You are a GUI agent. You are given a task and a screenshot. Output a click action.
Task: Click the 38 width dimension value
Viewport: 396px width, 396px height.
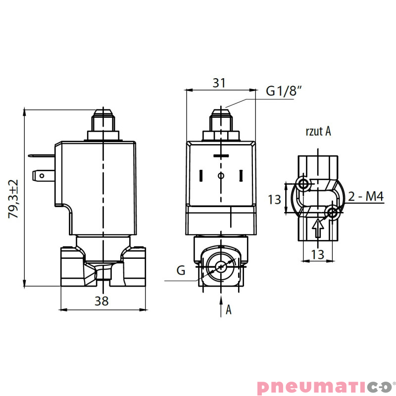point(102,300)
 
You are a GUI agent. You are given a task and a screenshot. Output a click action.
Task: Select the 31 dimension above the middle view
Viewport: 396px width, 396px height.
point(219,83)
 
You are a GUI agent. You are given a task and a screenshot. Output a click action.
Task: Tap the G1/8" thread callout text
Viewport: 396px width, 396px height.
point(284,91)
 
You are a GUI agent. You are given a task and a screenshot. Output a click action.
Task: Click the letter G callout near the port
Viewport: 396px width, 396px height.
point(181,271)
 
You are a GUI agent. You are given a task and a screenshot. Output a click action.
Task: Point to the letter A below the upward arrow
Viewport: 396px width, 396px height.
point(229,310)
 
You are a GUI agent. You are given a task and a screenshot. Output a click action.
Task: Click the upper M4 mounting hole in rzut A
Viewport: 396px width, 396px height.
point(303,184)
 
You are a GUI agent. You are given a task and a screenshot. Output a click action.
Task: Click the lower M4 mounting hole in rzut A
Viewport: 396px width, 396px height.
point(333,213)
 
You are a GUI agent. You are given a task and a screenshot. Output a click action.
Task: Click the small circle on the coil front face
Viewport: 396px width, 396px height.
point(221,176)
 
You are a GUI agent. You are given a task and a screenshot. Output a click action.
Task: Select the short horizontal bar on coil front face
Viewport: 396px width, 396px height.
point(221,157)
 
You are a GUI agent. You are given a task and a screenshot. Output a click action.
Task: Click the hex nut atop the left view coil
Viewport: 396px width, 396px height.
point(103,135)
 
